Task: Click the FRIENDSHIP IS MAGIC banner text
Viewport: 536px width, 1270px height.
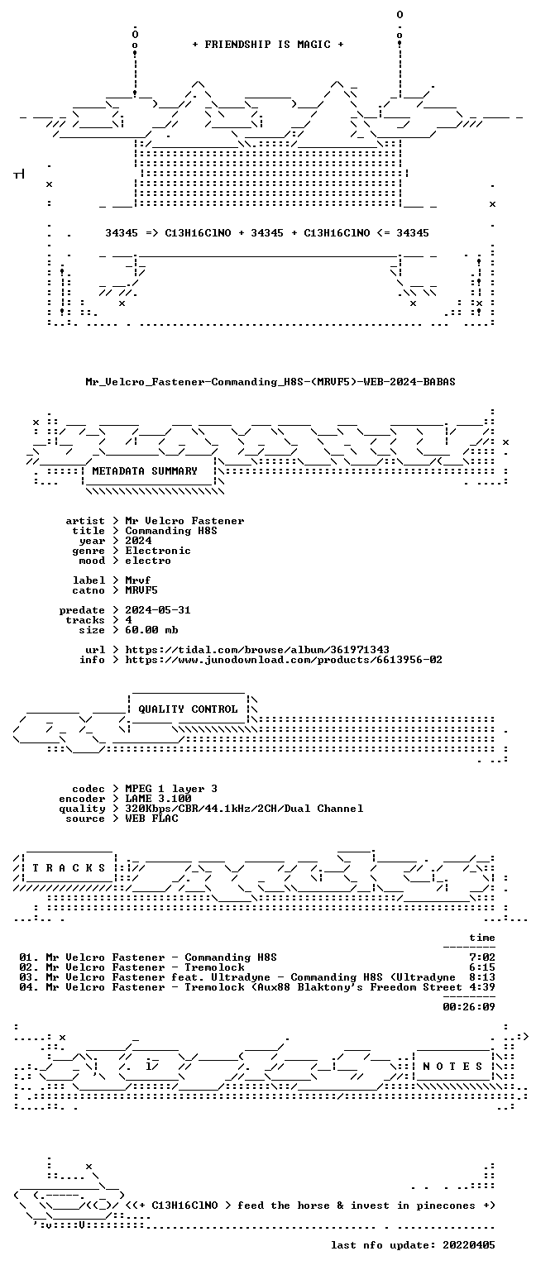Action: point(268,44)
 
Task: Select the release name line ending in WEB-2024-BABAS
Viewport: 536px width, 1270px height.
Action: point(270,381)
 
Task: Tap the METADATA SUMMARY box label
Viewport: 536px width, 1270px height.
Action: point(145,470)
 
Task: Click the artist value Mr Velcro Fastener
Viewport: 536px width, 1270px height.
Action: point(185,520)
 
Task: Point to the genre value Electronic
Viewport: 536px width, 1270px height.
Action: point(158,551)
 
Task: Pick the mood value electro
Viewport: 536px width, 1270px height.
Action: point(148,560)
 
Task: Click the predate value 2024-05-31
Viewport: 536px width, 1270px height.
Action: point(158,610)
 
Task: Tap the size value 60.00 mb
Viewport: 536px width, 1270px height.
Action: point(151,630)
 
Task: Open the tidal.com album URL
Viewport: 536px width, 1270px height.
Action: point(257,650)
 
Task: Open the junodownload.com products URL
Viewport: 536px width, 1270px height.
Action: point(284,659)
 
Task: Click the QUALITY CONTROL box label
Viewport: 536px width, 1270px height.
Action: point(189,709)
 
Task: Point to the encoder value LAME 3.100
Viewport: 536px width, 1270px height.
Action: point(158,798)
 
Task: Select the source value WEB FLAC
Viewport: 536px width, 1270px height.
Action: point(151,818)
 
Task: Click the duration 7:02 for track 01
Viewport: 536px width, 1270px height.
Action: point(482,957)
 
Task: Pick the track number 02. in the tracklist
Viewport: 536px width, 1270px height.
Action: point(29,967)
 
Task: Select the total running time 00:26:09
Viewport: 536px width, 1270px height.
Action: point(469,1007)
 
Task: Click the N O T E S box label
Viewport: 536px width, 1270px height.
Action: point(453,1067)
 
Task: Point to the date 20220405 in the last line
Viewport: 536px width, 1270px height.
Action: point(469,1245)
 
